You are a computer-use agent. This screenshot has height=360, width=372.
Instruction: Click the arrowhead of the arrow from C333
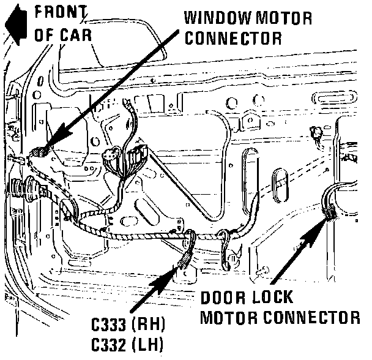pyautogui.click(x=181, y=265)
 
